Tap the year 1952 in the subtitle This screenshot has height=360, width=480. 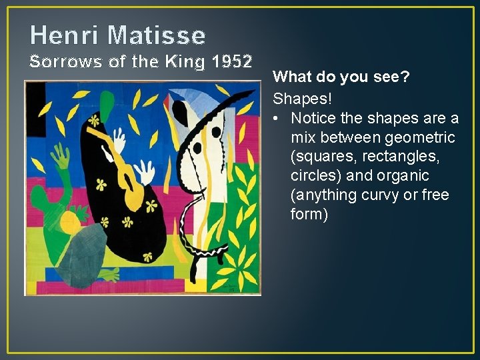(x=231, y=62)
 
